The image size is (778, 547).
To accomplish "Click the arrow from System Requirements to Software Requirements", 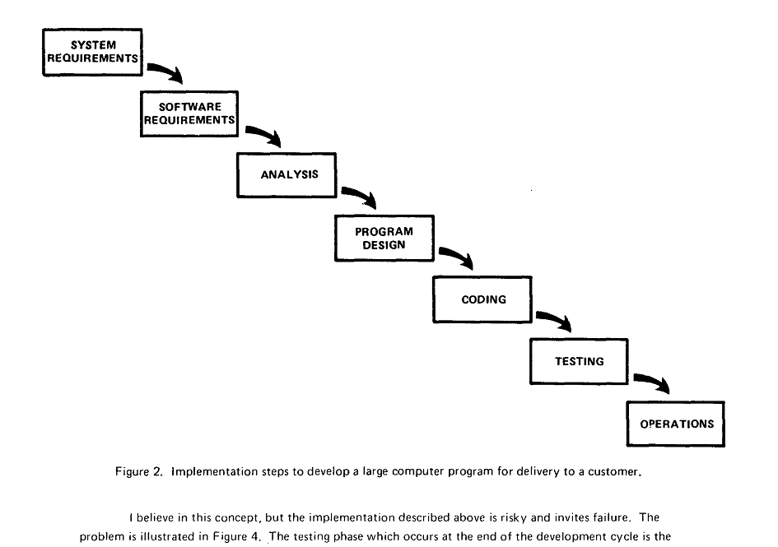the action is (166, 71).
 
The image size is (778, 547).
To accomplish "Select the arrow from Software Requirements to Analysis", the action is (264, 134).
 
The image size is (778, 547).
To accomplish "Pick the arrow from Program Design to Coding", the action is (457, 256).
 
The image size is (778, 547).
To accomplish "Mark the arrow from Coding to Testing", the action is (555, 319).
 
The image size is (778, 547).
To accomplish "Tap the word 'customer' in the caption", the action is (614, 471).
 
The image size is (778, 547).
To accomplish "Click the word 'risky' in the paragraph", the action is (514, 517).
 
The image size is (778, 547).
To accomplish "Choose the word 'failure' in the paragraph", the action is (612, 517).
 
